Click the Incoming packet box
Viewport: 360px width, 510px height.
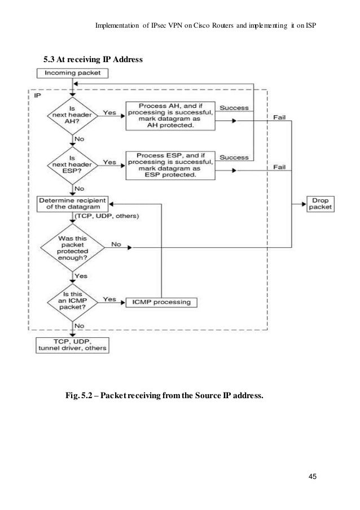(72, 73)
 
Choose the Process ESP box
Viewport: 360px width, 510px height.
(170, 164)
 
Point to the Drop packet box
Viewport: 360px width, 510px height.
(319, 203)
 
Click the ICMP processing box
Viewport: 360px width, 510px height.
(161, 302)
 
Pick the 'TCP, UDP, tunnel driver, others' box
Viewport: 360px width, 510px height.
(72, 344)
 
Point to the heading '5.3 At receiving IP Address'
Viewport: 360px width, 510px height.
(93, 58)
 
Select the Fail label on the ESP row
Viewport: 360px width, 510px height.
(280, 167)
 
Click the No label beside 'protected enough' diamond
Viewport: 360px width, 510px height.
(116, 245)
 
